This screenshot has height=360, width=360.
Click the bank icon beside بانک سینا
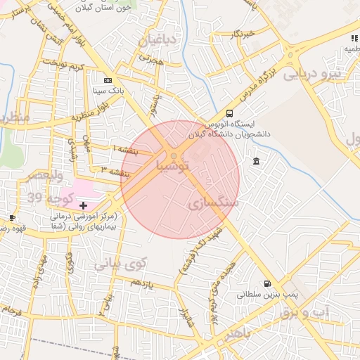[108, 80]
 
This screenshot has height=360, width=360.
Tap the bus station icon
[229, 113]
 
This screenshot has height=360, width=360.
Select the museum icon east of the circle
[255, 162]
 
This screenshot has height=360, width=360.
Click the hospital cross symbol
[84, 205]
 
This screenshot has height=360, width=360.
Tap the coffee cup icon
[13, 218]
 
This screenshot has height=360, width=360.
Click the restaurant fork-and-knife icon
[354, 38]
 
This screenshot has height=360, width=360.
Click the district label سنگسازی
[214, 203]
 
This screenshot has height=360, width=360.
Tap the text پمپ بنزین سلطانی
[259, 296]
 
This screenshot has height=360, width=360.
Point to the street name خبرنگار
[241, 33]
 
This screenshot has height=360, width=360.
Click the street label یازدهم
[141, 283]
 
